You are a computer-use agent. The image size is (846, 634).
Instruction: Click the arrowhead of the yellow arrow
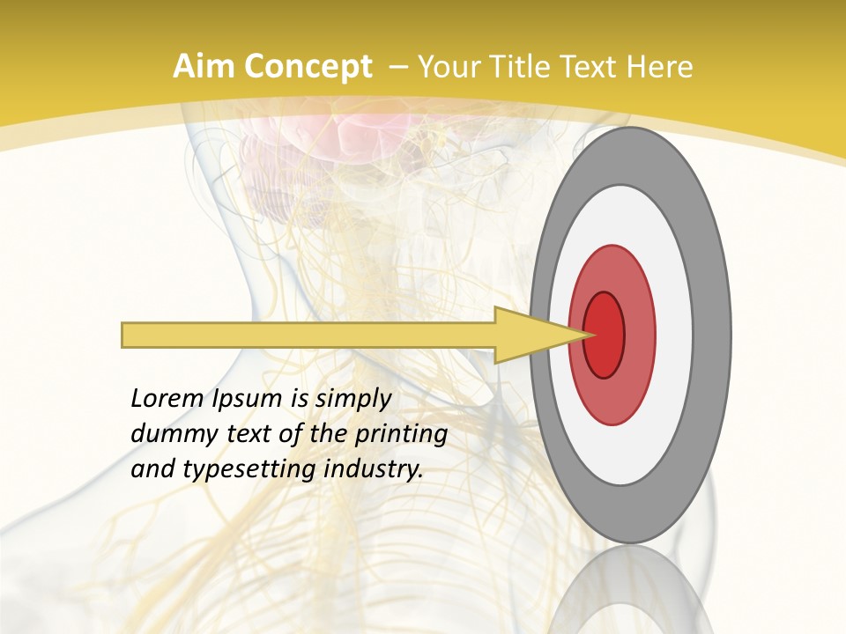pos(538,335)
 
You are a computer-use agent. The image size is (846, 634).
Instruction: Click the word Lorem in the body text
pos(167,399)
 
